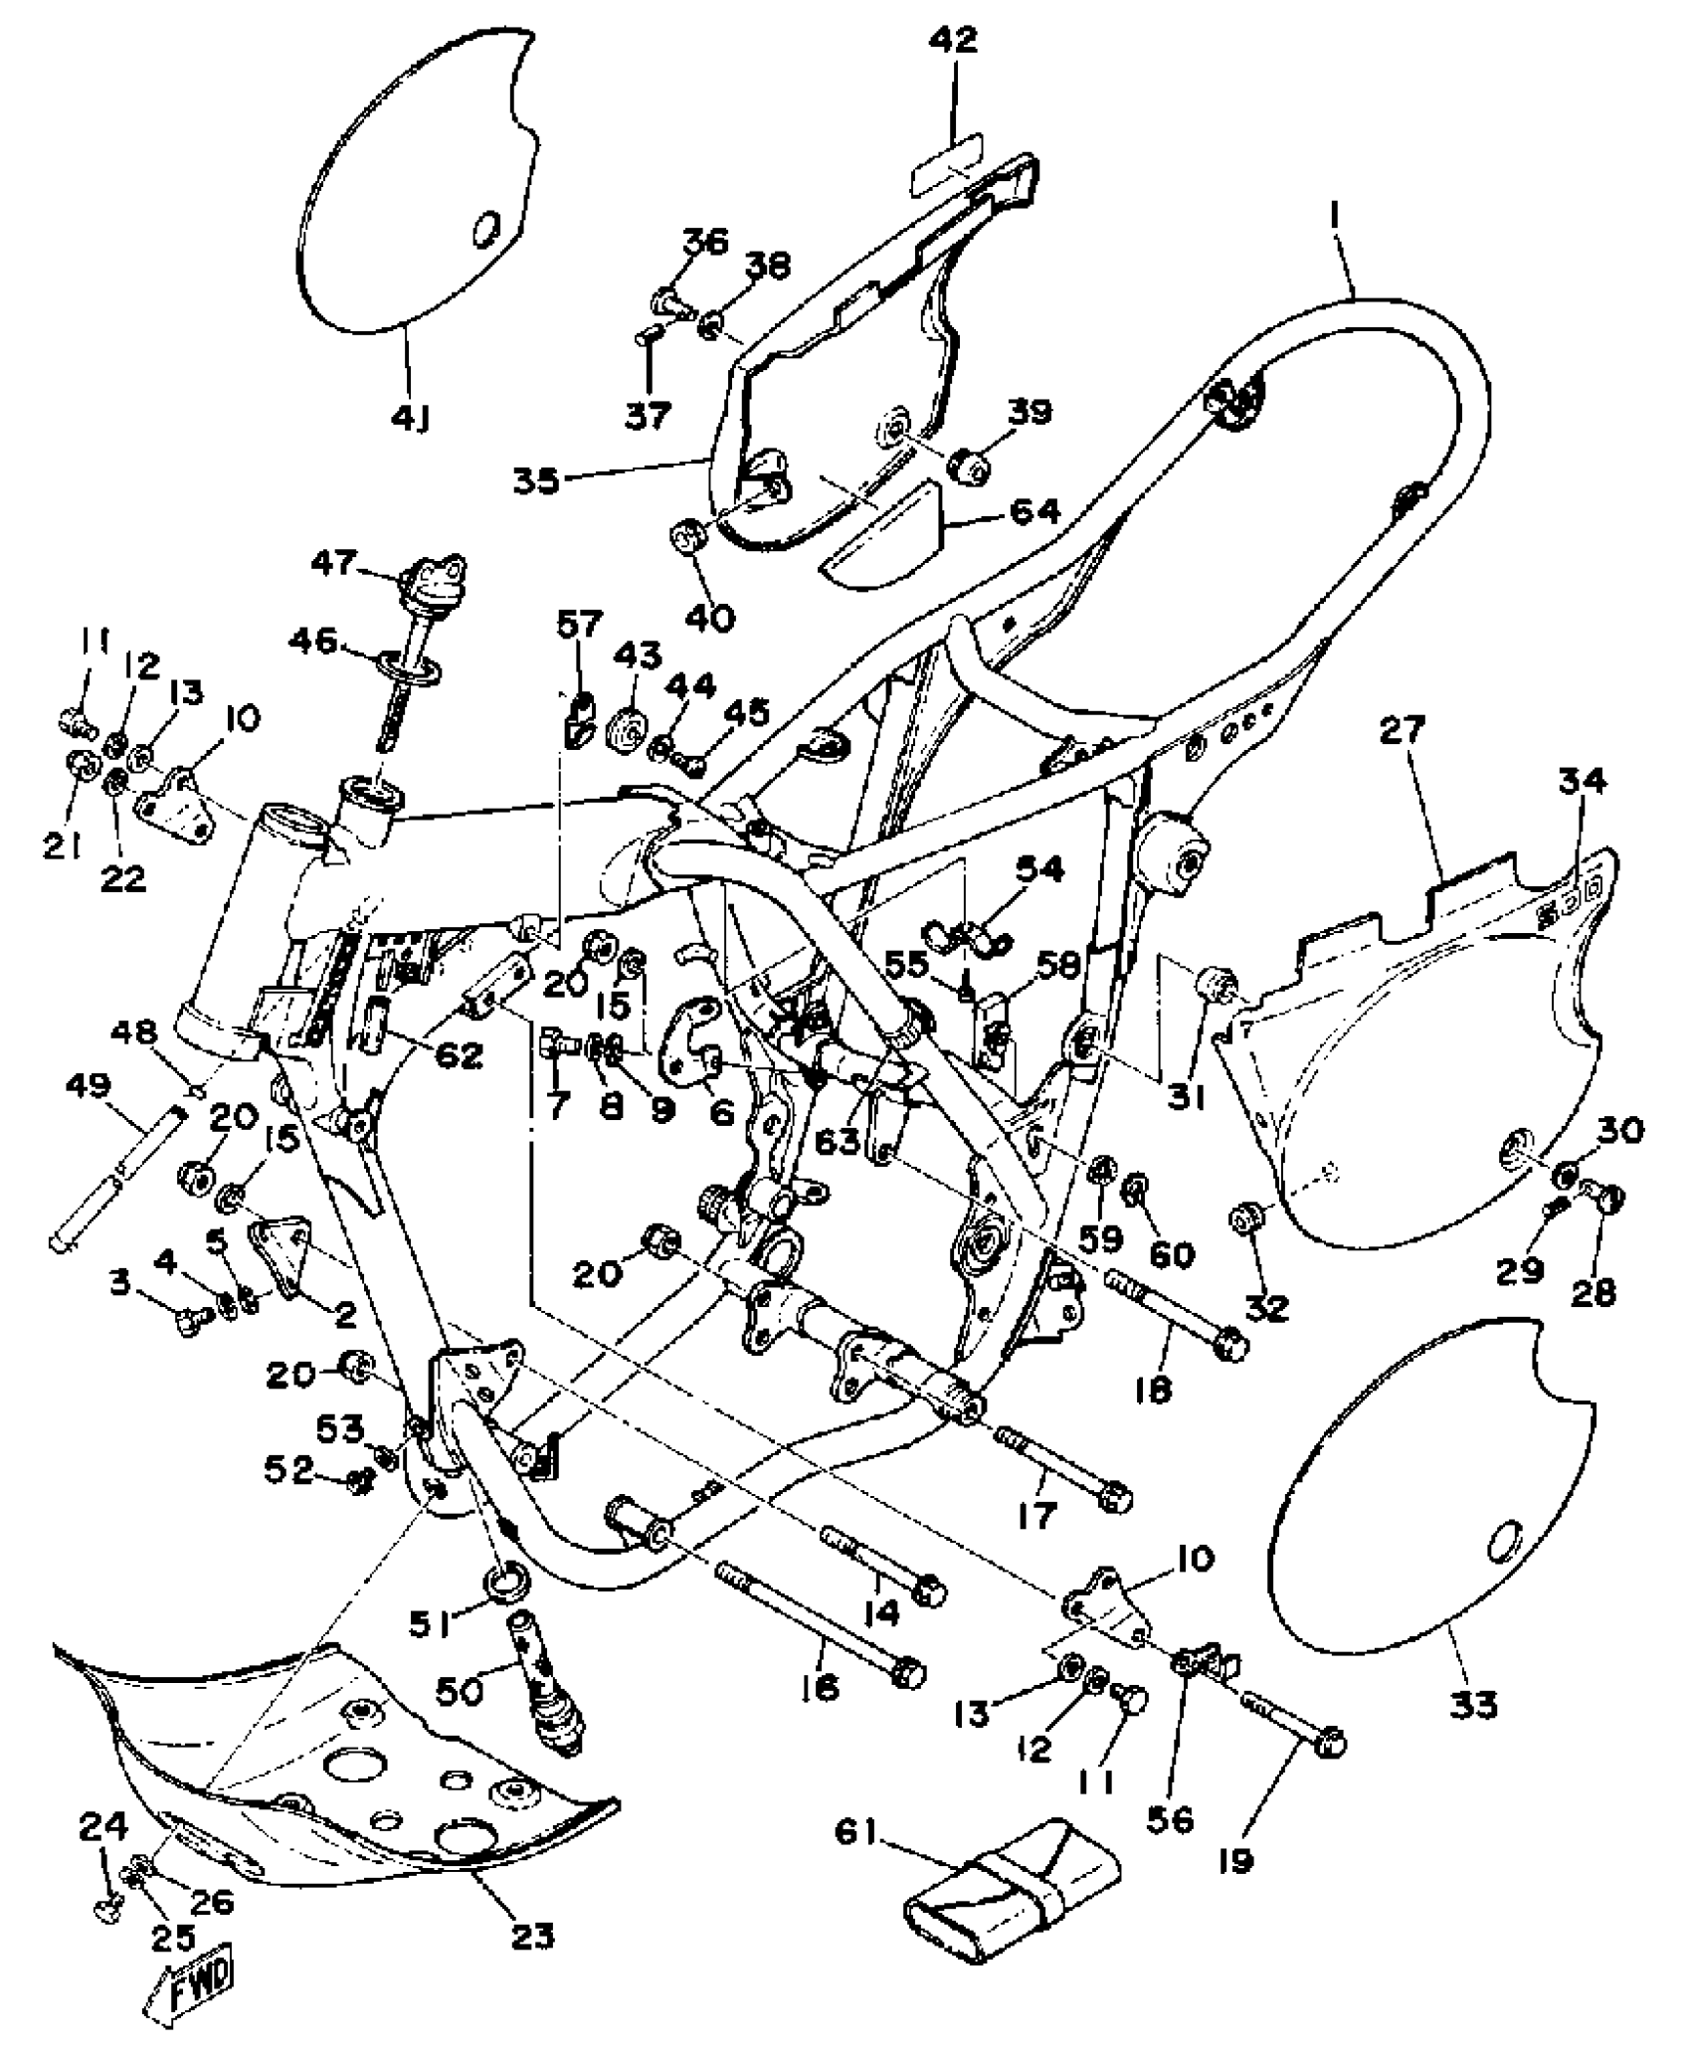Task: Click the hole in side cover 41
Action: point(485,230)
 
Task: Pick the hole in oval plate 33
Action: point(1505,1570)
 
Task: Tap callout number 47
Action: point(332,563)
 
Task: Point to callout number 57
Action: point(579,625)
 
